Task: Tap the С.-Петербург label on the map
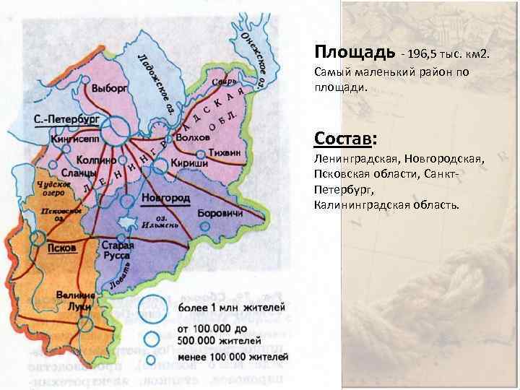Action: (67, 118)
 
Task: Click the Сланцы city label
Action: (76, 173)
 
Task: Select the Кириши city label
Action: (190, 164)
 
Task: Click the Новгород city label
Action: (166, 197)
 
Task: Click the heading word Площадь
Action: (354, 53)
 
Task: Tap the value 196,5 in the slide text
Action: (425, 55)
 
